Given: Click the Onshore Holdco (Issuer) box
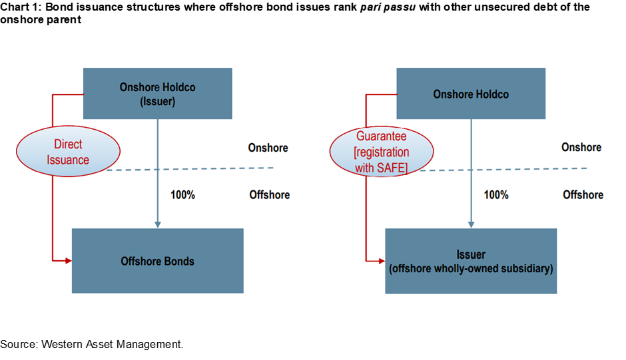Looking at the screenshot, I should pyautogui.click(x=157, y=93).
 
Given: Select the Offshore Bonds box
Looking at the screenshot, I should pyautogui.click(x=157, y=261).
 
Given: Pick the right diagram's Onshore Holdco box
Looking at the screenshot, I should pyautogui.click(x=471, y=94).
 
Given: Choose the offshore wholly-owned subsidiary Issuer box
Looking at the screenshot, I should pyautogui.click(x=471, y=261).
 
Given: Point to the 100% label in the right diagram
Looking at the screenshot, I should pyautogui.click(x=495, y=195).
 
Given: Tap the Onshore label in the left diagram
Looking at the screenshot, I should pyautogui.click(x=268, y=148).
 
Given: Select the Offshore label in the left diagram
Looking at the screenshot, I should pyautogui.click(x=269, y=195).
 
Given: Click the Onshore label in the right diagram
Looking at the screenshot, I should pyautogui.click(x=581, y=148).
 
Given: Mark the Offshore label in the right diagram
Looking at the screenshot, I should pyautogui.click(x=583, y=195).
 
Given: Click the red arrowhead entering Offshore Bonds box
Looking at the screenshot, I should pyautogui.click(x=68, y=261).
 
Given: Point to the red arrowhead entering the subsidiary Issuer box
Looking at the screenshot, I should pyautogui.click(x=382, y=260).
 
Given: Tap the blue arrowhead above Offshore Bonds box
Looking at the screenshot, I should pyautogui.click(x=157, y=225).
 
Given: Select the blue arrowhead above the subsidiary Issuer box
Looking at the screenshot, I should pyautogui.click(x=471, y=225).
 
